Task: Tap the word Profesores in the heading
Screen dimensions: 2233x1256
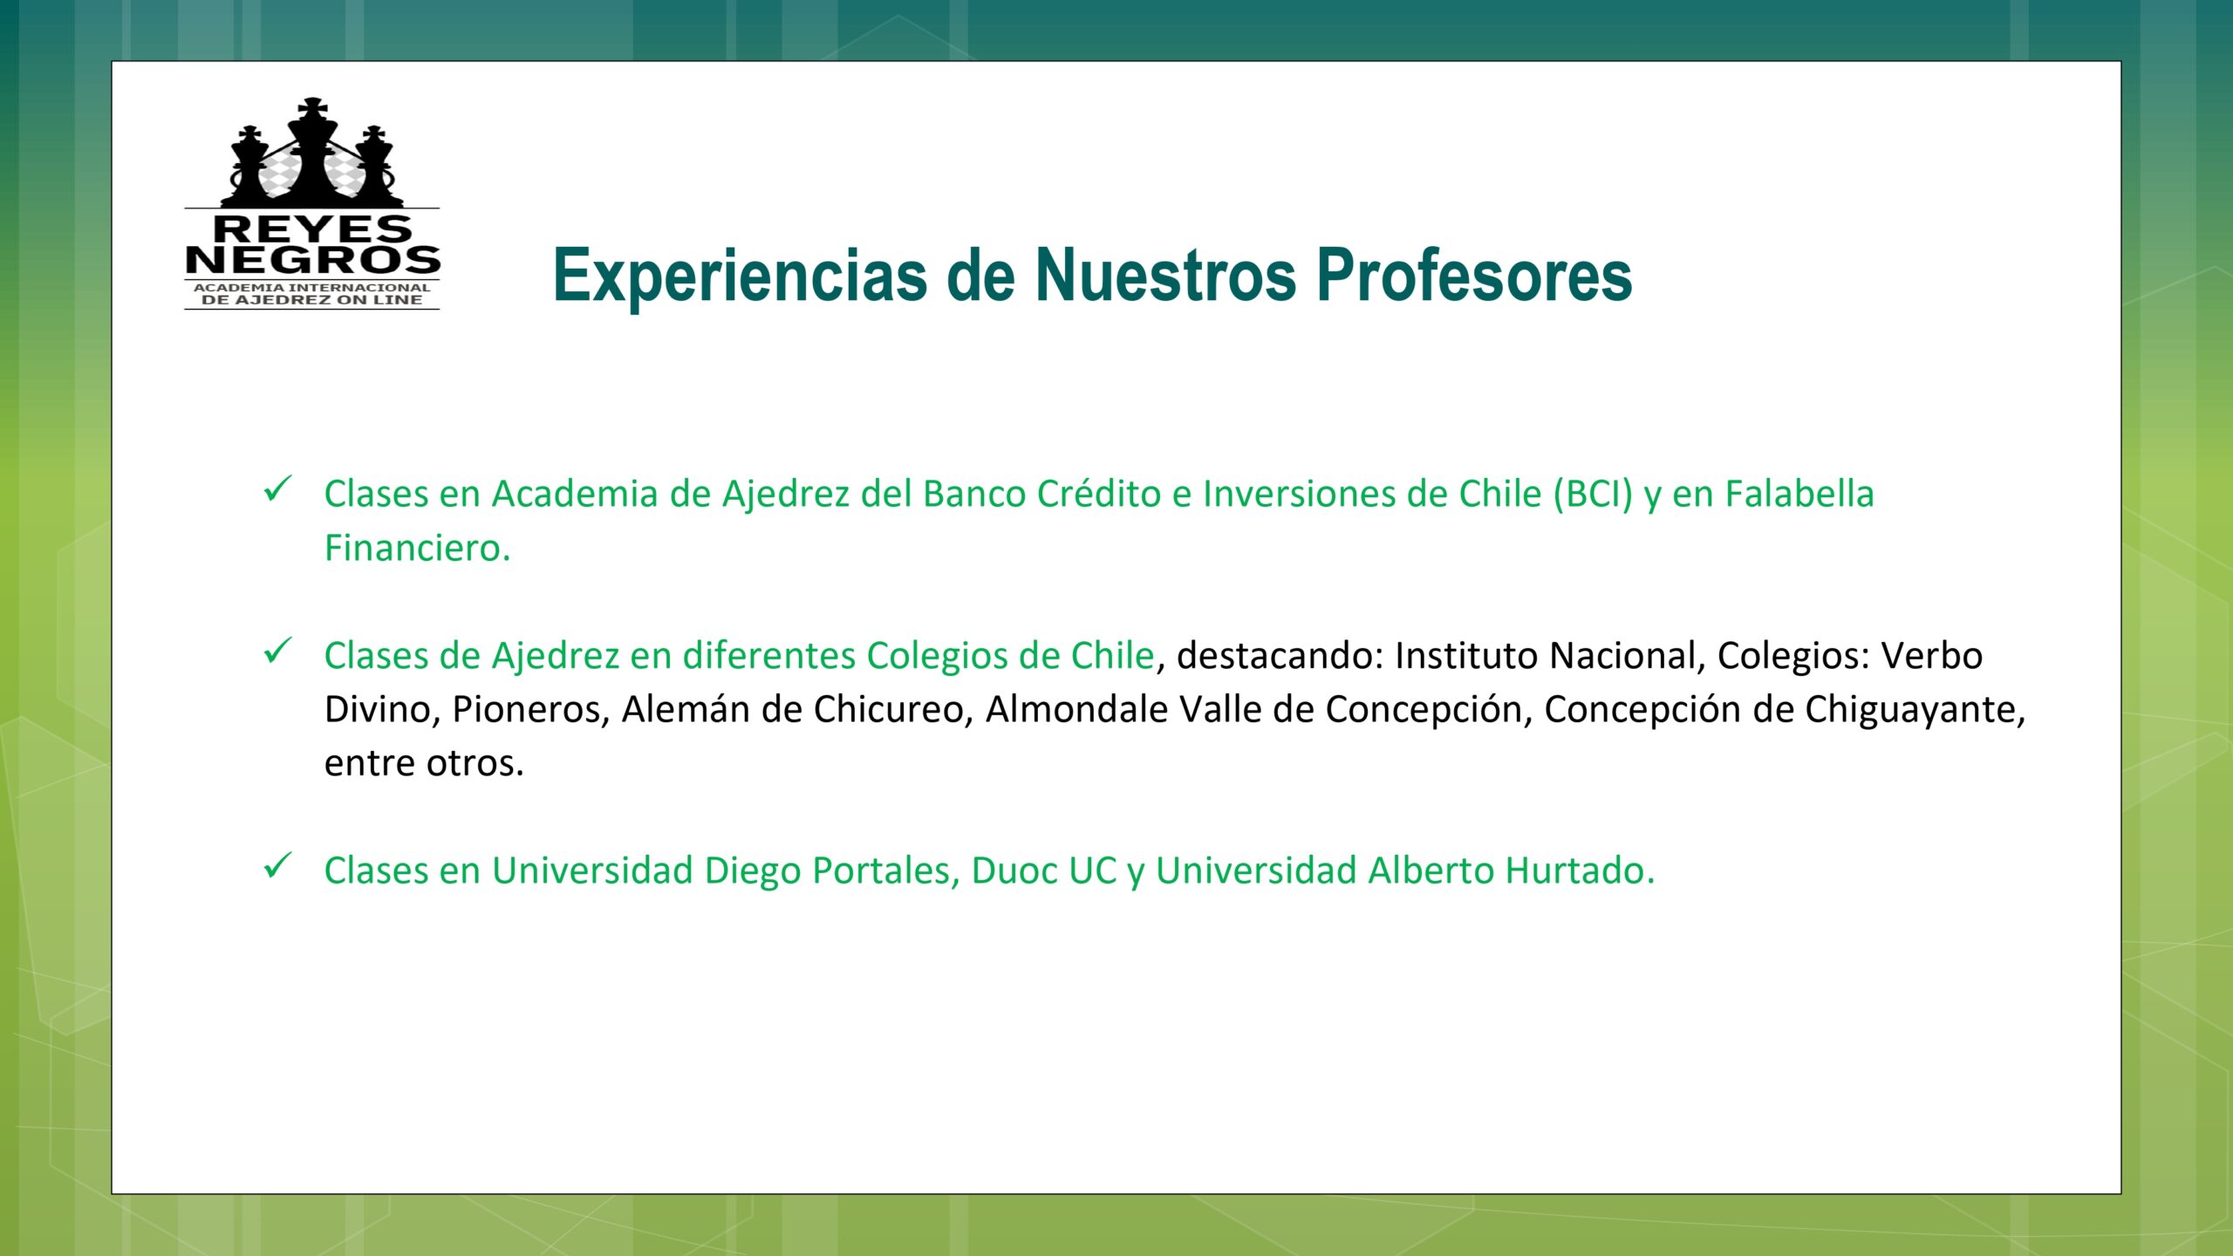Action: tap(1474, 276)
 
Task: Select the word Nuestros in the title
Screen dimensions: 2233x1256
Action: tap(1166, 276)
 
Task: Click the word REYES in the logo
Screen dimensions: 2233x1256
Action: tap(312, 229)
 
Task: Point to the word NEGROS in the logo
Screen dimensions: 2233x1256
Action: tap(312, 260)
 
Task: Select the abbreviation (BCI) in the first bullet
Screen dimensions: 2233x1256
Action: tap(1592, 495)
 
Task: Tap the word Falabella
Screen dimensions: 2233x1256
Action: tap(1799, 494)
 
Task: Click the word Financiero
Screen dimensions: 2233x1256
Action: tap(417, 548)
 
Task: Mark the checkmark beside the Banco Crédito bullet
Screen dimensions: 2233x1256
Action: tap(277, 488)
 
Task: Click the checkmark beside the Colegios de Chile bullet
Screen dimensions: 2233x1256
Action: tap(277, 651)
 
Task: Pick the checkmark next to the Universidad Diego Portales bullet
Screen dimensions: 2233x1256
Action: tap(277, 866)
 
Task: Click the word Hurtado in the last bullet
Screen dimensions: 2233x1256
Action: tap(1581, 870)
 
